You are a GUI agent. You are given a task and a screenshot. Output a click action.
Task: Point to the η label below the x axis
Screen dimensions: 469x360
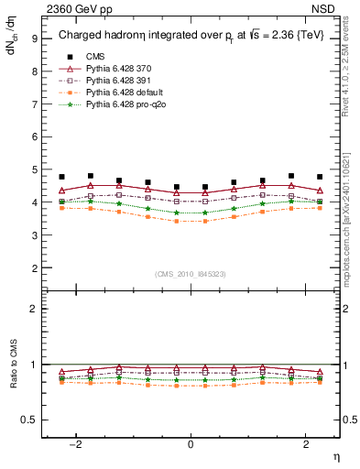335,456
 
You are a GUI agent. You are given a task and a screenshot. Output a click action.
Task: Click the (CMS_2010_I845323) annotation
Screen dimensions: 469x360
191,274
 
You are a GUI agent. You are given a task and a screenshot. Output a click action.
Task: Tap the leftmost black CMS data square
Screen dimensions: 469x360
61,177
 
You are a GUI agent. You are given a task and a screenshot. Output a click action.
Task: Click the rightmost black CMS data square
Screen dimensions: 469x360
320,177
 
